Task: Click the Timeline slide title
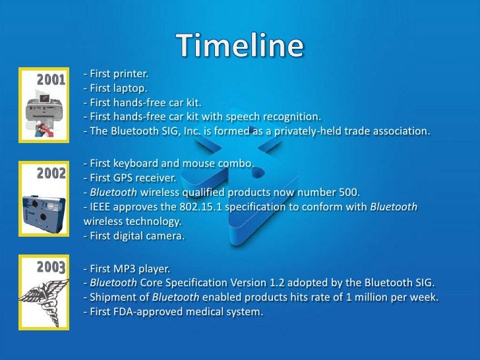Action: coord(240,45)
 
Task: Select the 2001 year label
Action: coord(51,80)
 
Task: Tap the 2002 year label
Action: coord(51,174)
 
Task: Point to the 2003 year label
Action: coord(51,267)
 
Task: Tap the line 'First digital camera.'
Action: coord(131,236)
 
